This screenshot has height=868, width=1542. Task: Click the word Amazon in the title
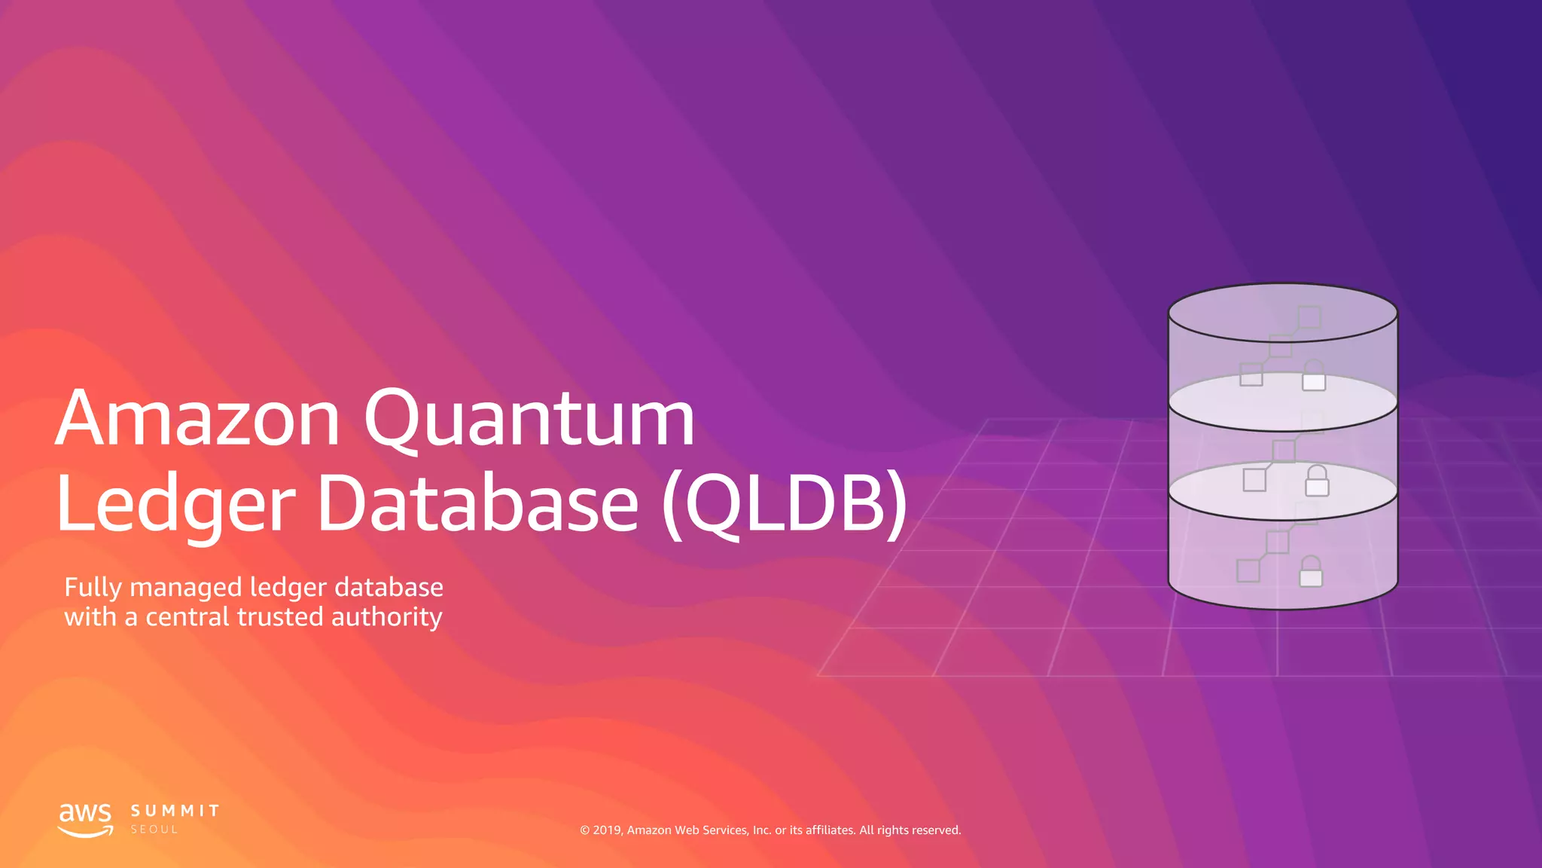click(197, 419)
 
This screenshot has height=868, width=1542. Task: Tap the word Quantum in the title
click(529, 420)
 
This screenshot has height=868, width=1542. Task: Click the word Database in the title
click(478, 503)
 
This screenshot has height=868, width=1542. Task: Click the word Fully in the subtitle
click(93, 588)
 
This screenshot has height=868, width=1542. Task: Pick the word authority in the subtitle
click(386, 618)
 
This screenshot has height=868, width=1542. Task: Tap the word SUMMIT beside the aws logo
click(175, 811)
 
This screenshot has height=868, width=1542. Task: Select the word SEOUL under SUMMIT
click(154, 830)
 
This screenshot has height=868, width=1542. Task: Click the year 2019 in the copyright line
click(607, 830)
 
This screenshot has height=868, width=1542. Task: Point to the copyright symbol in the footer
click(585, 830)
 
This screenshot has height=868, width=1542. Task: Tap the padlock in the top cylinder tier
click(1314, 376)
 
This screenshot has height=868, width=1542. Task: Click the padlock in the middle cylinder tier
click(1317, 481)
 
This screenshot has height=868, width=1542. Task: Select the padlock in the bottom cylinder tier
click(1311, 572)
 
